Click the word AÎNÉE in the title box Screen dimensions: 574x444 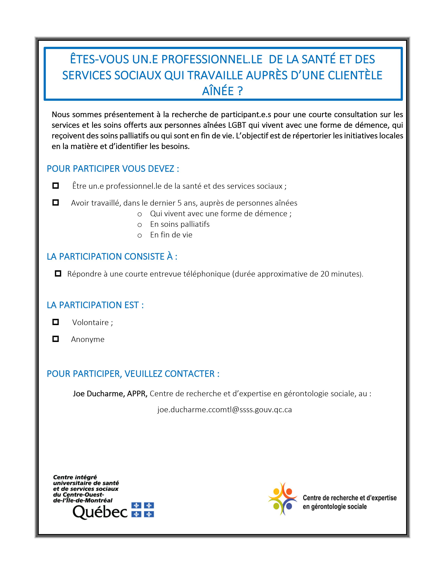click(x=218, y=91)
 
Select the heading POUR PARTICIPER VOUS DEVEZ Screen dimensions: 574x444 click(x=113, y=169)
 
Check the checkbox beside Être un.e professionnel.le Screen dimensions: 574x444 click(x=56, y=186)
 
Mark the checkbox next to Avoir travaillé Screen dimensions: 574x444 click(x=56, y=203)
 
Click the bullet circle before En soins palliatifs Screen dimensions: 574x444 click(x=140, y=225)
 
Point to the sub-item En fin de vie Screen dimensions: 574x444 click(x=171, y=235)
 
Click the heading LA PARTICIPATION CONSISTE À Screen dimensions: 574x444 click(x=112, y=257)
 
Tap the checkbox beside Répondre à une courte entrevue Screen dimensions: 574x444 click(x=58, y=274)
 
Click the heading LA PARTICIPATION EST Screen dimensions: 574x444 click(x=95, y=305)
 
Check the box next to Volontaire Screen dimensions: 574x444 click(x=56, y=322)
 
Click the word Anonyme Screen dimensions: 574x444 click(x=88, y=339)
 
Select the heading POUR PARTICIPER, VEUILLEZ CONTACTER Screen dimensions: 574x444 click(x=133, y=374)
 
